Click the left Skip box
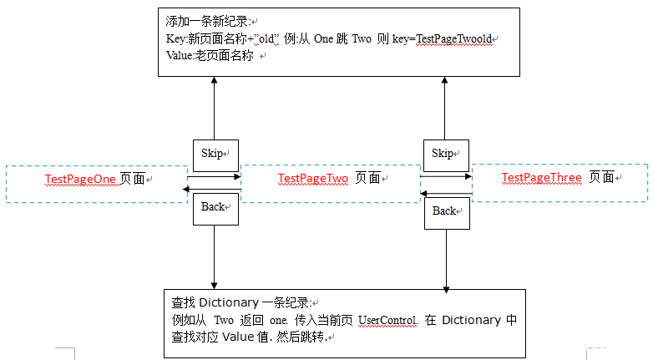(x=215, y=154)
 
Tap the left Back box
(x=215, y=207)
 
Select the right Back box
(x=445, y=211)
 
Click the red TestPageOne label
(x=80, y=179)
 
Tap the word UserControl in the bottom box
(x=387, y=321)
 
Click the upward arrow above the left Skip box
(x=215, y=109)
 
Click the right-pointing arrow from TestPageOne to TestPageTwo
(x=214, y=176)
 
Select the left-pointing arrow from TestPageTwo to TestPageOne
(x=214, y=190)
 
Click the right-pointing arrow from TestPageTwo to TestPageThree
(x=446, y=176)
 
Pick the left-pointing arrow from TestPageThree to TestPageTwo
(x=446, y=194)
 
